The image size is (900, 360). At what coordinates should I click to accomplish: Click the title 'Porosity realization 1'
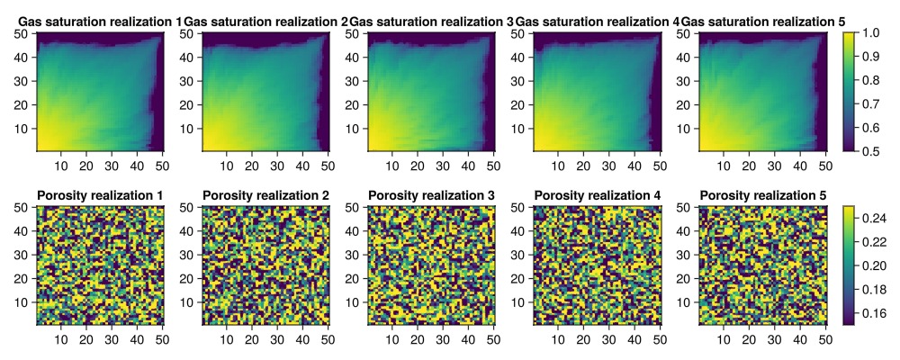[x=100, y=195]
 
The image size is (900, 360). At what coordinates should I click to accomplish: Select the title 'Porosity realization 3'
[x=431, y=195]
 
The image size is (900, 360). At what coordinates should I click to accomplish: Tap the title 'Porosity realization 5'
[x=762, y=195]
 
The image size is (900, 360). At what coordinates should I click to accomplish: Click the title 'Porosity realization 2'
[x=265, y=195]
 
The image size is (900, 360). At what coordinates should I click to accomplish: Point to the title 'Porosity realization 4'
[x=597, y=195]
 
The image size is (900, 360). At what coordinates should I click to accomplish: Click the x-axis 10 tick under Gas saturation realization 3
[x=392, y=166]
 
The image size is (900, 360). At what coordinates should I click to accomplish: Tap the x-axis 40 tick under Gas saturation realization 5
[x=800, y=166]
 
